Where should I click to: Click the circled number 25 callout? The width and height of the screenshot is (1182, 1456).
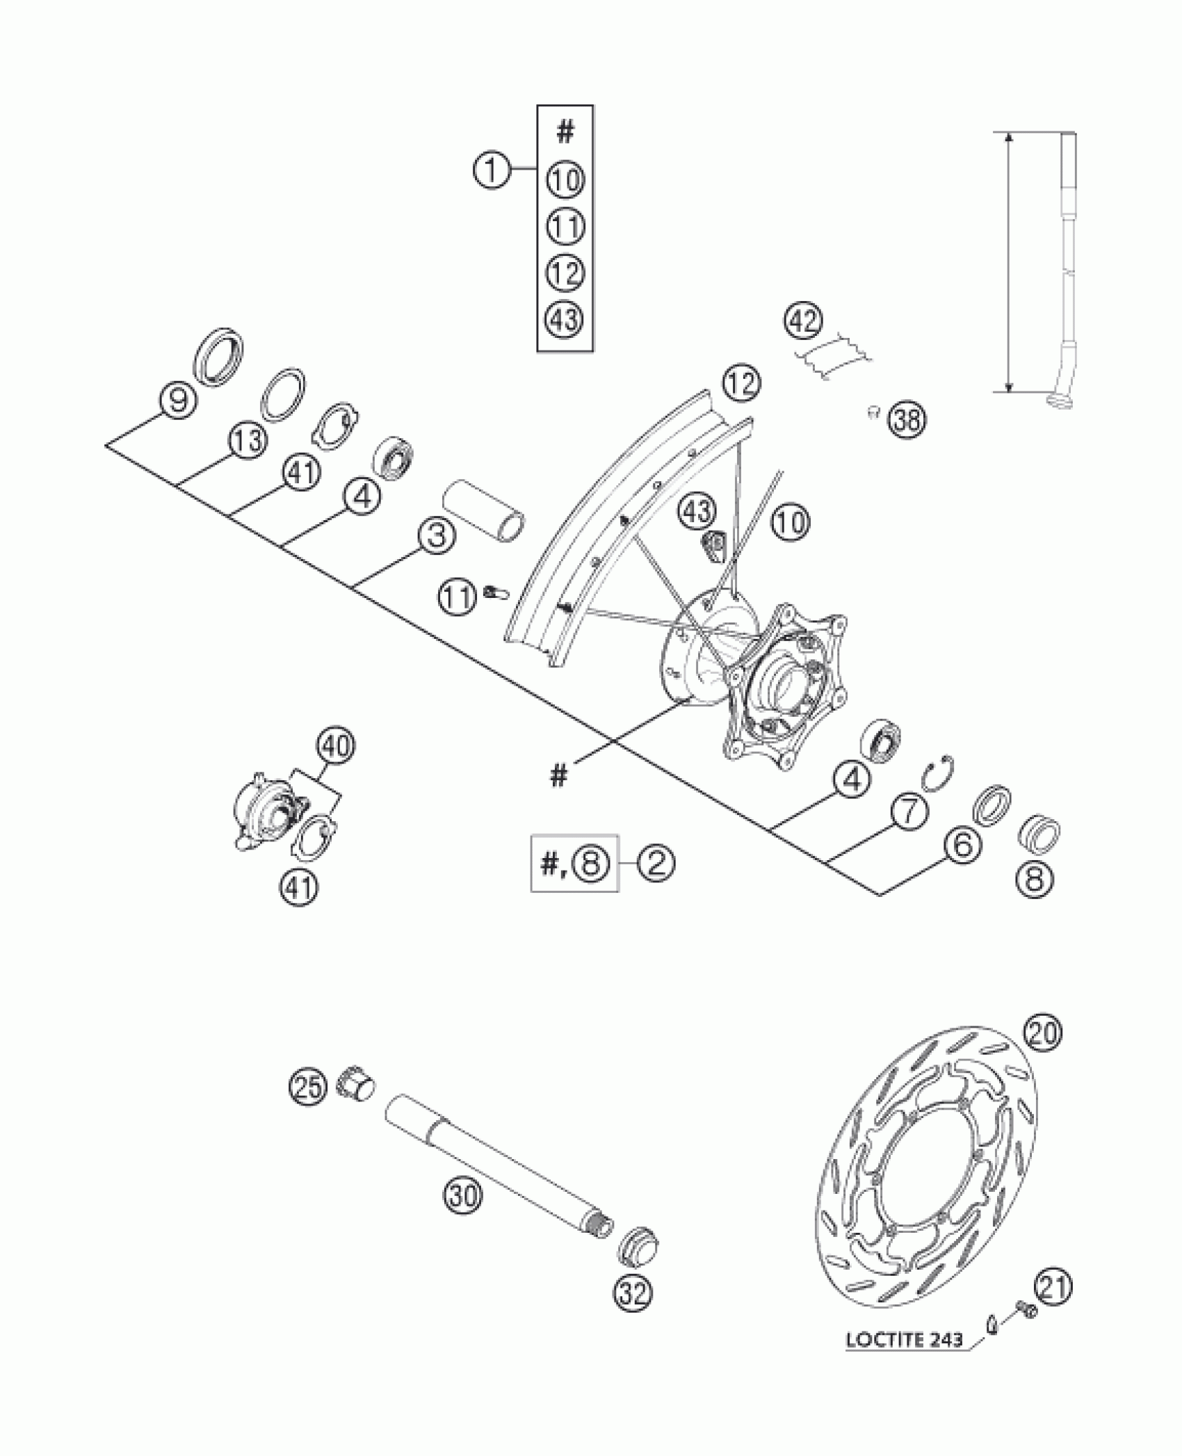click(x=308, y=1087)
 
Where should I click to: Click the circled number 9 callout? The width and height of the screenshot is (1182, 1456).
click(x=178, y=401)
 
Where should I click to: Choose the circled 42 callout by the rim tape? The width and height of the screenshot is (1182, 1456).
click(x=804, y=321)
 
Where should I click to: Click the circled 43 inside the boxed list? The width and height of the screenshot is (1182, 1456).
click(x=565, y=319)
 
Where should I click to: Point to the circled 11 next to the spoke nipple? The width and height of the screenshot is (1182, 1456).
click(x=457, y=597)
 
